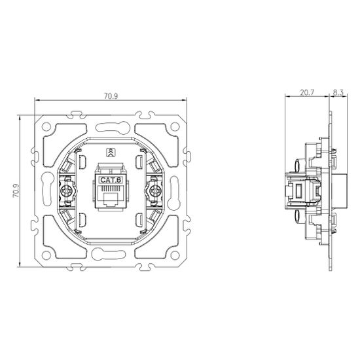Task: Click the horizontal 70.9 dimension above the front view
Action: coord(111,96)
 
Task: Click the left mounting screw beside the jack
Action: coord(65,191)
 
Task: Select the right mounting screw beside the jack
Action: coord(155,191)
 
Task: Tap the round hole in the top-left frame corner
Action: coord(48,125)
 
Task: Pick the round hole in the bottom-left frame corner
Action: coord(48,257)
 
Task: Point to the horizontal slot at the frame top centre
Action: coord(110,121)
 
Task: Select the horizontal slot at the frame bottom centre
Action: coord(110,261)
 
